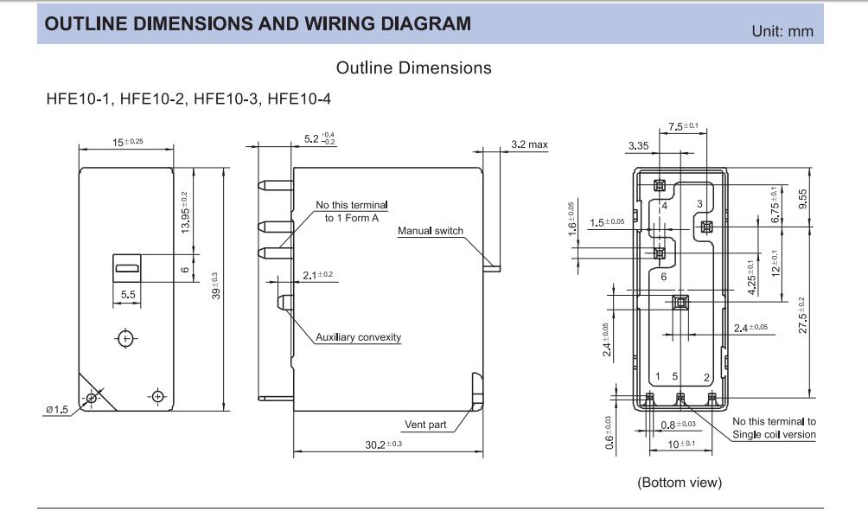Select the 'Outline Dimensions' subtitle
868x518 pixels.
click(413, 67)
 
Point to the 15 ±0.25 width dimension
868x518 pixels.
click(128, 141)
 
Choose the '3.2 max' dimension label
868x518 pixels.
click(529, 144)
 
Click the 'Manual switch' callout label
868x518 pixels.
click(431, 231)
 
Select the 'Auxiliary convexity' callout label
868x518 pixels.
click(358, 337)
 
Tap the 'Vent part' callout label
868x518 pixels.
click(424, 425)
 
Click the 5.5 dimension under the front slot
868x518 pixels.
click(128, 294)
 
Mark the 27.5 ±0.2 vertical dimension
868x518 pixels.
click(803, 317)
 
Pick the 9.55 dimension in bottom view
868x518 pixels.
click(803, 200)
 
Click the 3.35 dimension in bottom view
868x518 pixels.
click(639, 146)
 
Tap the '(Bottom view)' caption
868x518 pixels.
click(679, 483)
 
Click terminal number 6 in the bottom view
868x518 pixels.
click(663, 277)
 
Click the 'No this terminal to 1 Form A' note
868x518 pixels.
click(351, 211)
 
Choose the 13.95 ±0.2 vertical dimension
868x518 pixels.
click(185, 213)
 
